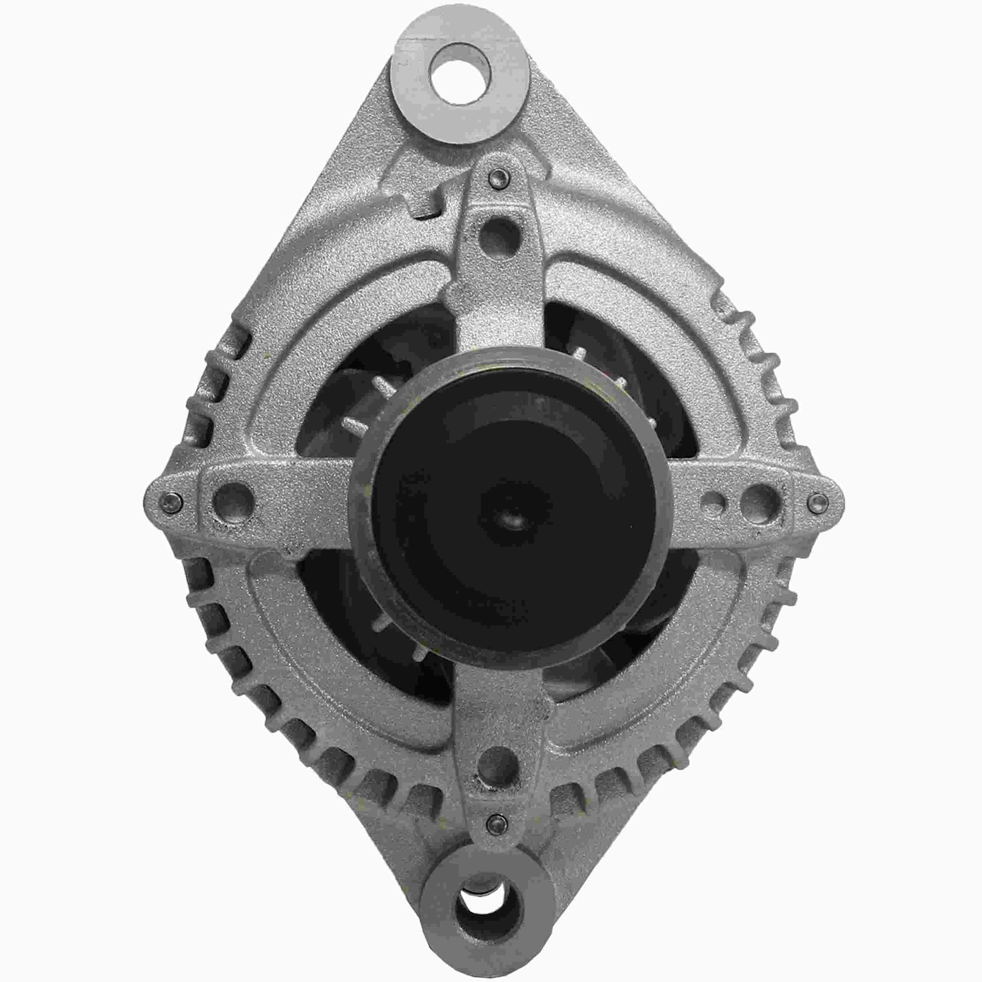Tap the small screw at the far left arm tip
click(170, 503)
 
